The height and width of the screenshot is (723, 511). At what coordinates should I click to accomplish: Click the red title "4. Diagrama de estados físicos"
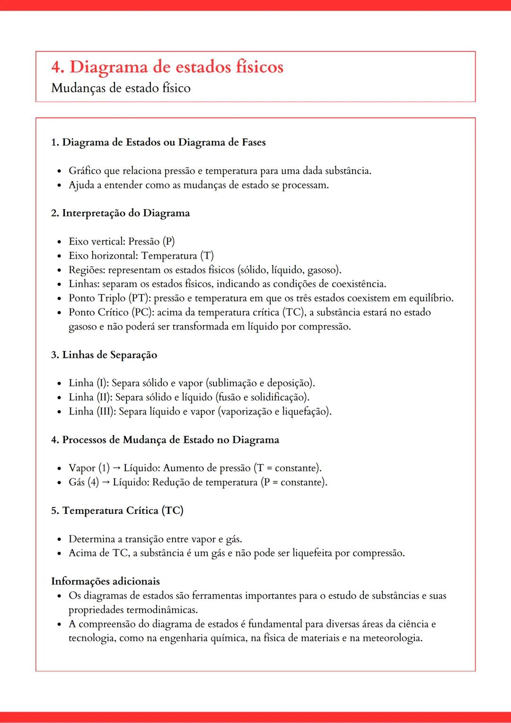[x=167, y=67]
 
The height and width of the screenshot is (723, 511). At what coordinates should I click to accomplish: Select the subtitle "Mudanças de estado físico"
[x=121, y=88]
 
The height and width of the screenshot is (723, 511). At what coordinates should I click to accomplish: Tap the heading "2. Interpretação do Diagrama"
[x=120, y=213]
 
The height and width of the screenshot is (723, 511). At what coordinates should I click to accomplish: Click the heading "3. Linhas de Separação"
[x=104, y=355]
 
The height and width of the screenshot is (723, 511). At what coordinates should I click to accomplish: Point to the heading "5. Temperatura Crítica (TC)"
[x=117, y=511]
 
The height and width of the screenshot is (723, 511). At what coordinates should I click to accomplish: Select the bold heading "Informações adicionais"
[x=105, y=582]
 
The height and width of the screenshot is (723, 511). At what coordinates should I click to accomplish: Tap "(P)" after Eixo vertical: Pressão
[x=168, y=242]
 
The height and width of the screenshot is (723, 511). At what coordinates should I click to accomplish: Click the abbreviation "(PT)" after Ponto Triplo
[x=139, y=299]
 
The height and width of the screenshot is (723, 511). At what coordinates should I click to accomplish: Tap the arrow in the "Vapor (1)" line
[x=116, y=468]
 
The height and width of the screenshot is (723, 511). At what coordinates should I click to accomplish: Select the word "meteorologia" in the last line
[x=392, y=638]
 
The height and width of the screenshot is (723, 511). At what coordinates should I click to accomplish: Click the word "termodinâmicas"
[x=162, y=610]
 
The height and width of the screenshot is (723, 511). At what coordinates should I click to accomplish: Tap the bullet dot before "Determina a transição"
[x=59, y=540]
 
